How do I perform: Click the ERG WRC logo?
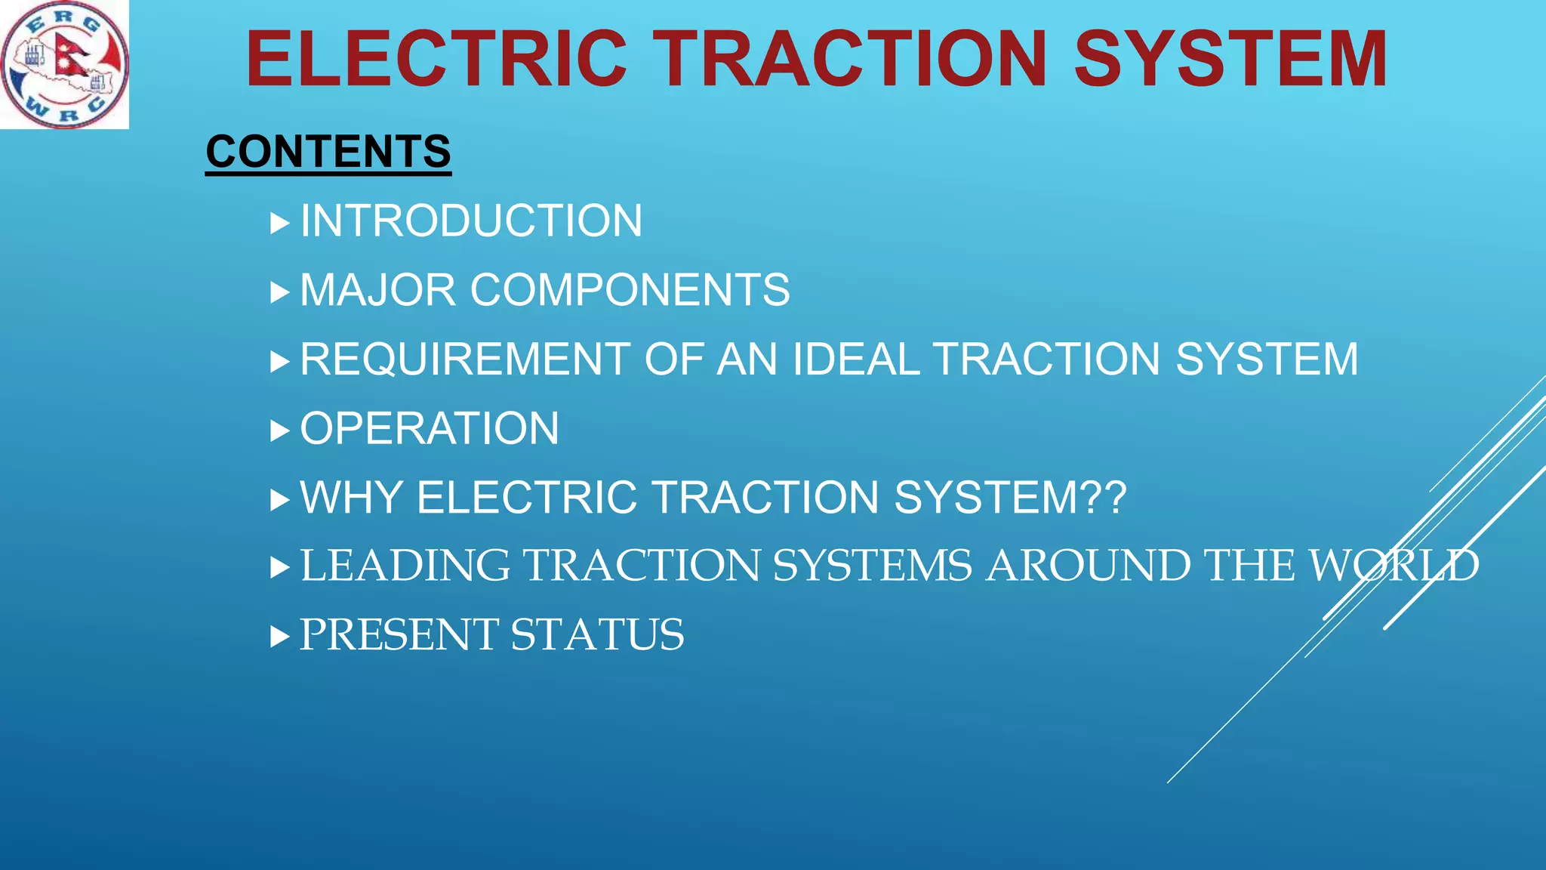pos(64,64)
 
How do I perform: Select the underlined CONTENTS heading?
pos(328,152)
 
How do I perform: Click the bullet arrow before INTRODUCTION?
pos(279,223)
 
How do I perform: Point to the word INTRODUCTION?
pos(471,221)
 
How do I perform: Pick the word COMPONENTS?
pos(630,290)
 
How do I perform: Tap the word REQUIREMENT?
pos(465,359)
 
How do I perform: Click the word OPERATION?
pos(430,429)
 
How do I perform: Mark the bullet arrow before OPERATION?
pos(279,431)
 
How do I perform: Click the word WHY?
pos(351,498)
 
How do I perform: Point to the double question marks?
pos(1104,498)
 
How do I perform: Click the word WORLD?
pos(1394,566)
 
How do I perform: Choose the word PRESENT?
pos(399,634)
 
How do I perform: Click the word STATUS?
pos(597,634)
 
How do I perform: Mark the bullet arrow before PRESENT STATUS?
pos(279,637)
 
